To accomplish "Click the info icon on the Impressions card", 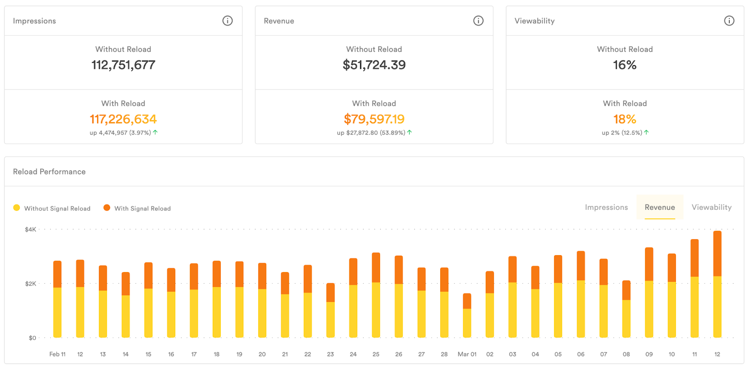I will (227, 21).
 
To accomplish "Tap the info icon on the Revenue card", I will (478, 21).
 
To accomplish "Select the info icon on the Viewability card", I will (729, 21).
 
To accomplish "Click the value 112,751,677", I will (123, 65).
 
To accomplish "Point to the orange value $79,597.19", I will (374, 119).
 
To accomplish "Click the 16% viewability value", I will (625, 65).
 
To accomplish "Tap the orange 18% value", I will (625, 119).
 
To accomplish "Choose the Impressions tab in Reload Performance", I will (606, 207).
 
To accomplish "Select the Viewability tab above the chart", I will (712, 207).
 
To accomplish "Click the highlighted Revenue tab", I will (660, 207).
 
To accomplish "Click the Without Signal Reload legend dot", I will (17, 208).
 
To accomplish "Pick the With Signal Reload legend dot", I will (107, 208).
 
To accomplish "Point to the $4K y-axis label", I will (30, 229).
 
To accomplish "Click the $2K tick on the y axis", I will (30, 284).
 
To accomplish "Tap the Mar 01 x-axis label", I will (467, 354).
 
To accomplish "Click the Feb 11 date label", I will (57, 354).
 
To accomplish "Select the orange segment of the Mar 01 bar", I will (467, 301).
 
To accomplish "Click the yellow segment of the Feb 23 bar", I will (330, 319).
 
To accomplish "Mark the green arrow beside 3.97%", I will (155, 132).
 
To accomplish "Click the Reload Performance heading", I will (49, 172).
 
